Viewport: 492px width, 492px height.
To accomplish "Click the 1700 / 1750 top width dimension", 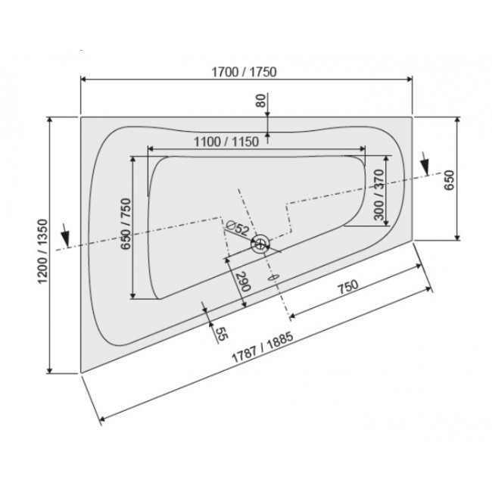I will (x=246, y=73).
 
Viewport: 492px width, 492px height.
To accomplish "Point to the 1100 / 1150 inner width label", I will (x=227, y=142).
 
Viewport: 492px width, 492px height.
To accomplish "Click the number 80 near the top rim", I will (x=261, y=101).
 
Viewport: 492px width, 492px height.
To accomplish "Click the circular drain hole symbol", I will (x=260, y=243).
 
